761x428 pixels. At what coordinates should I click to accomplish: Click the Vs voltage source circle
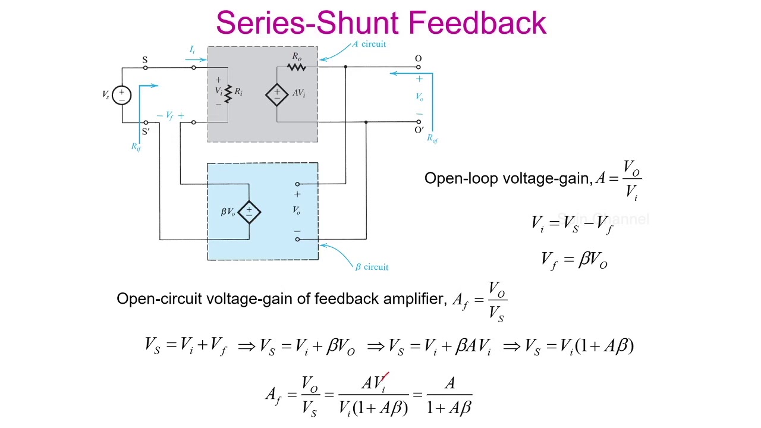tap(121, 95)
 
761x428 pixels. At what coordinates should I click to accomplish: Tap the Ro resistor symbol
tap(297, 67)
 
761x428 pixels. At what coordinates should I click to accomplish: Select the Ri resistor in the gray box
tap(228, 93)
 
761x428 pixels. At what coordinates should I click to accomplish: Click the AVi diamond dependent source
tap(276, 94)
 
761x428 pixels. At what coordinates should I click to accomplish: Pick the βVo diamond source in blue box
tap(249, 212)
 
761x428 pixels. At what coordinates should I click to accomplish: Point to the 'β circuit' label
tap(372, 267)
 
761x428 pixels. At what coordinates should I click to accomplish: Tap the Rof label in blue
tap(432, 139)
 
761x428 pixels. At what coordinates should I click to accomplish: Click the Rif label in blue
tap(136, 146)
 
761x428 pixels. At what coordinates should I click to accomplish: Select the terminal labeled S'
tap(146, 123)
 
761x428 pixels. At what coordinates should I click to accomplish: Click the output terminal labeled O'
tap(419, 122)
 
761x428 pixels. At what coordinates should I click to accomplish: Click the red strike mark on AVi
tap(385, 377)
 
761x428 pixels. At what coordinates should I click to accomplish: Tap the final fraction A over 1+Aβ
tap(449, 395)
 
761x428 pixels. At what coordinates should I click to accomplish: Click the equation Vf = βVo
tap(574, 260)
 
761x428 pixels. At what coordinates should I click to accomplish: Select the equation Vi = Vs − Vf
tap(572, 224)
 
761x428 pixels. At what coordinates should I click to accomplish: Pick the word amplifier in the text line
tap(412, 298)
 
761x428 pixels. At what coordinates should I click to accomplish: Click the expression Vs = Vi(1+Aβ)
tap(580, 346)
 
